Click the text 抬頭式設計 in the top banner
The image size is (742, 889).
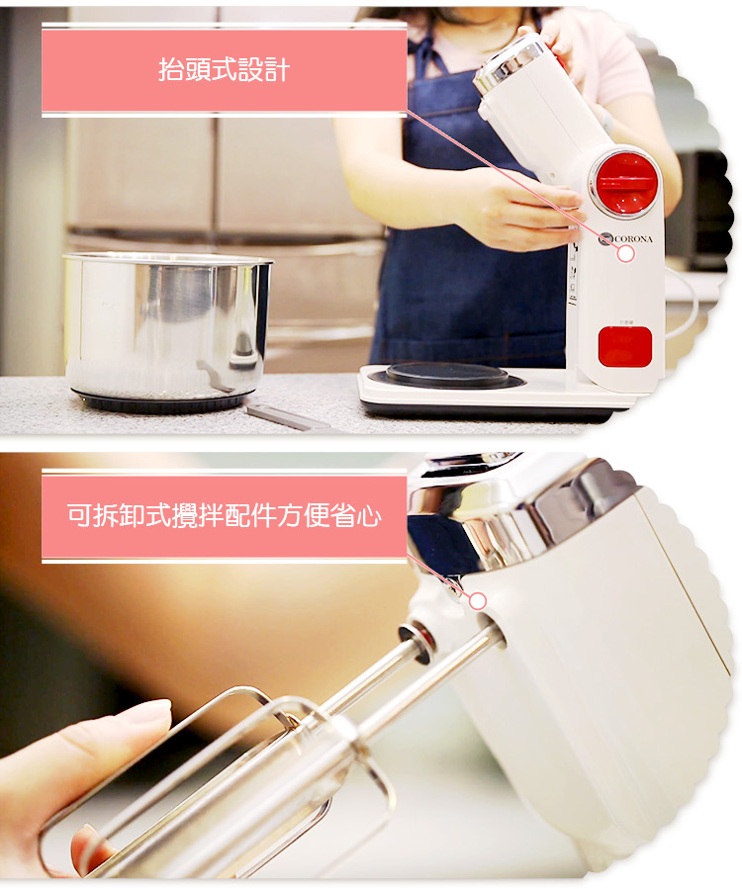pos(224,70)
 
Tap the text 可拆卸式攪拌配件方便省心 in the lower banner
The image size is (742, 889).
pos(224,515)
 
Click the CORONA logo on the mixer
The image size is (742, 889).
pos(626,238)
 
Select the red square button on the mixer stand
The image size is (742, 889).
pos(624,346)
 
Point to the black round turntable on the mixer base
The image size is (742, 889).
pos(446,375)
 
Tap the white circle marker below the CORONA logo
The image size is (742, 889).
pos(625,254)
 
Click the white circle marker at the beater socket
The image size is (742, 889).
pos(478,601)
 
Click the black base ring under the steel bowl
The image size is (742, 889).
pos(160,401)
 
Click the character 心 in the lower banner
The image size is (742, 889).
pos(368,516)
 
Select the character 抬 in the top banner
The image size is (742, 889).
pos(171,70)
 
